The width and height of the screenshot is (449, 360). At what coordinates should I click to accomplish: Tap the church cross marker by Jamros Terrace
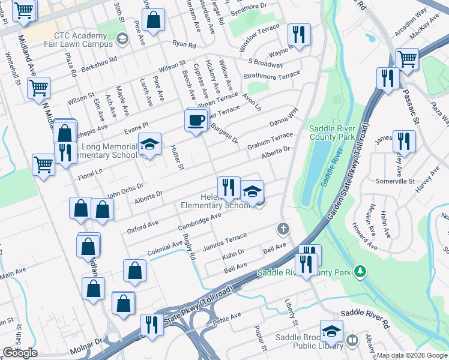coord(283,229)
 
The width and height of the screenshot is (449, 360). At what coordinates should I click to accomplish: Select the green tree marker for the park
coord(360,272)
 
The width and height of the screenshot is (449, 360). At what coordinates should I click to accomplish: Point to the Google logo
coord(20,353)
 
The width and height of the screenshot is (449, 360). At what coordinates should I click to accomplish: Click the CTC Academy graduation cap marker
coord(122,40)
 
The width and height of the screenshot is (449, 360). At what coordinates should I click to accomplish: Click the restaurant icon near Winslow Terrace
coord(298,35)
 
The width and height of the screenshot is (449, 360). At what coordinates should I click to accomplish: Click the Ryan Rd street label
coord(184,45)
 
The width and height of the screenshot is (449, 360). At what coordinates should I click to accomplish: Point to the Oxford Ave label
coord(142,226)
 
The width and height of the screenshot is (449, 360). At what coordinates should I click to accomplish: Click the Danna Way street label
coord(284,117)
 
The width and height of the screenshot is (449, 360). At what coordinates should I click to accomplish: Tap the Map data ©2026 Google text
coord(412,355)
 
